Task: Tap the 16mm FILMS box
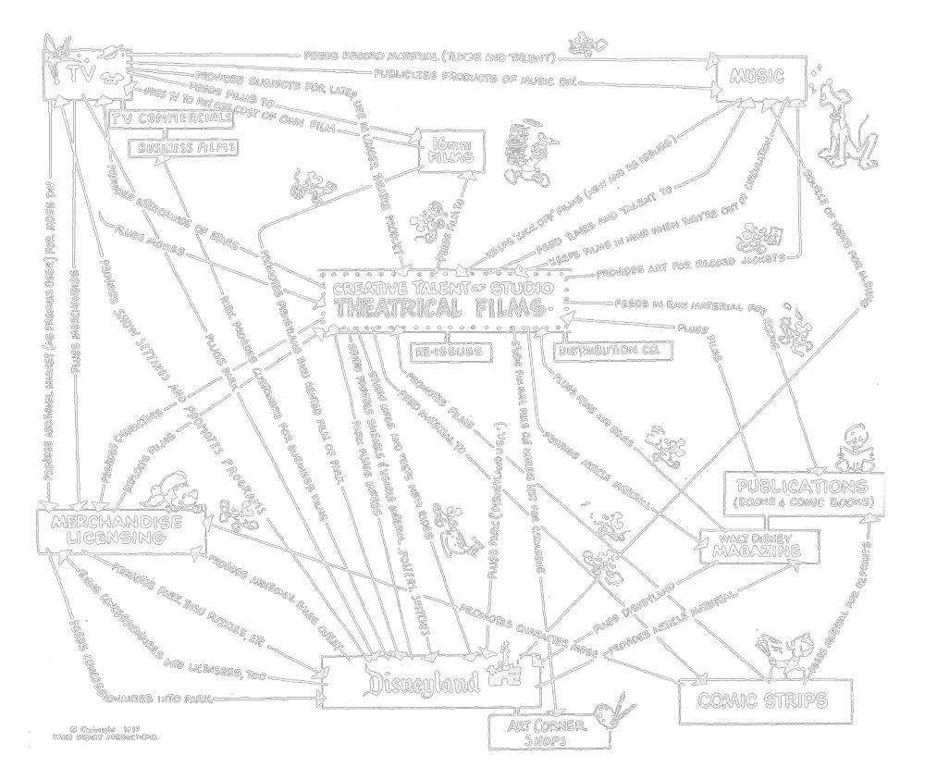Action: [x=452, y=152]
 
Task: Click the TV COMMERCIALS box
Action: [x=172, y=118]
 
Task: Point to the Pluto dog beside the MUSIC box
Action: [x=845, y=125]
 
